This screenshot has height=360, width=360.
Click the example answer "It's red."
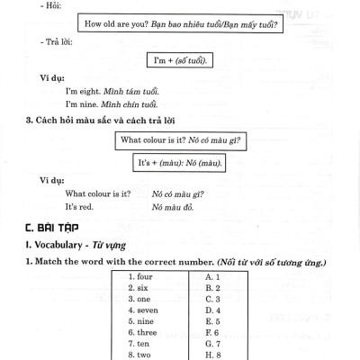coord(81,207)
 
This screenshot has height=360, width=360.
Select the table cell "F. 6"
coord(213,333)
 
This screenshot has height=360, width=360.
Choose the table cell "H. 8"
coord(213,355)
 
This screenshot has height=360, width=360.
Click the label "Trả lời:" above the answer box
coord(45,40)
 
